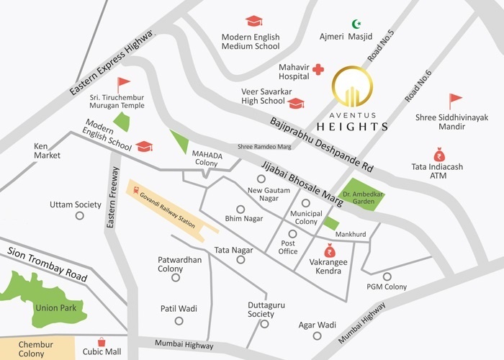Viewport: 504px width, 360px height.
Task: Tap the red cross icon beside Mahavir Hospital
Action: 317,71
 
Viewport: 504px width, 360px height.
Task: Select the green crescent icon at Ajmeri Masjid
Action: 354,24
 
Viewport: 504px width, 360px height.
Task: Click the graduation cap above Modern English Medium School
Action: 253,22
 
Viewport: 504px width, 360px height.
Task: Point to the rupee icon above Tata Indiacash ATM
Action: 438,154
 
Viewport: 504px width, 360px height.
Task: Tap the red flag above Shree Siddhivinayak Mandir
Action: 454,101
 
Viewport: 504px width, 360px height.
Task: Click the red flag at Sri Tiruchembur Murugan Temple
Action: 124,84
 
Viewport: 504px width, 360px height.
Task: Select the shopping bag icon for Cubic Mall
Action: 102,341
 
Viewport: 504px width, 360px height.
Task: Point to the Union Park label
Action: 50,307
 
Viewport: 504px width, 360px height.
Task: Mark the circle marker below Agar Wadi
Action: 317,336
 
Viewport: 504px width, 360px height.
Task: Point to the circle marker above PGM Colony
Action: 387,276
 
